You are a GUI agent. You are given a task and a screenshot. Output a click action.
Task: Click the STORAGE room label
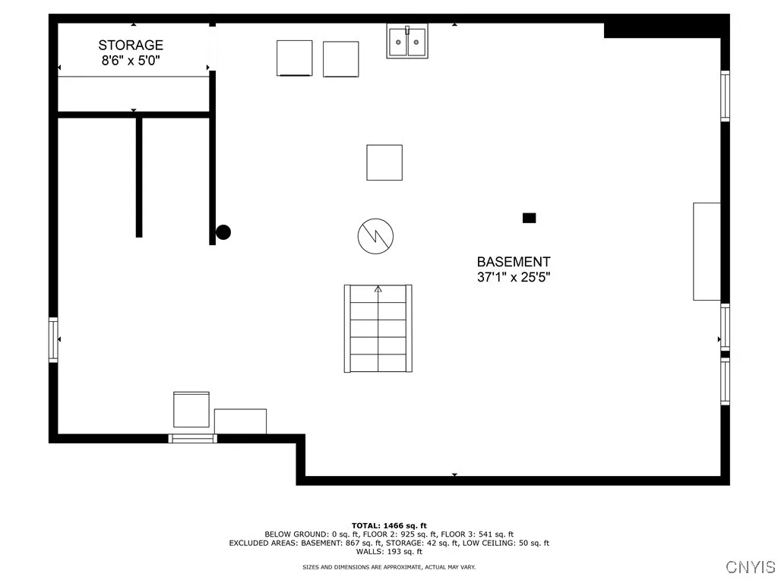tap(130, 46)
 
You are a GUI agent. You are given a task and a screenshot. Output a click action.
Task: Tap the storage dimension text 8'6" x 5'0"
tap(131, 61)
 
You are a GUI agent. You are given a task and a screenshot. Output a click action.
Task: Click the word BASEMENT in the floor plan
tap(514, 262)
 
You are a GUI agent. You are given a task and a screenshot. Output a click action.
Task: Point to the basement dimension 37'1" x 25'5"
tap(514, 277)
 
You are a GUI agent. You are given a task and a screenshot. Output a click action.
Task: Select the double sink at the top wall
tap(407, 42)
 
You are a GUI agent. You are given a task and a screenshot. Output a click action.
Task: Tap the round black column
tap(223, 232)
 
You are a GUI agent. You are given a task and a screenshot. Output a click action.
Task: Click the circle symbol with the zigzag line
tap(375, 237)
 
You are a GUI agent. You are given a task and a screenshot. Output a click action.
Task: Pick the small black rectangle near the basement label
tap(530, 218)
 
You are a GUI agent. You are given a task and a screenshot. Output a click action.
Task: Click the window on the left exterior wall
tap(53, 339)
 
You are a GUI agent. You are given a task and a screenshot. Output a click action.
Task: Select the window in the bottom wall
tap(192, 438)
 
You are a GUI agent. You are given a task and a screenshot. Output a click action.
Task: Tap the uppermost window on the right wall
tap(725, 96)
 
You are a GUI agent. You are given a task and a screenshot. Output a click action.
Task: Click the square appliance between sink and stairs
tap(384, 162)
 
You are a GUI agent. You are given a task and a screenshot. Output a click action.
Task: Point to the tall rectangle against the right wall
tap(707, 251)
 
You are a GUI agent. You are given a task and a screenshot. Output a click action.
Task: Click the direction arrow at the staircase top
tap(378, 289)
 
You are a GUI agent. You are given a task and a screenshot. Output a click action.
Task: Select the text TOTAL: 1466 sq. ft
tap(389, 525)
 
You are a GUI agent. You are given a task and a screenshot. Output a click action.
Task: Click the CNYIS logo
tap(751, 567)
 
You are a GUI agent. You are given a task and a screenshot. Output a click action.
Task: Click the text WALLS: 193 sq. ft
tap(389, 552)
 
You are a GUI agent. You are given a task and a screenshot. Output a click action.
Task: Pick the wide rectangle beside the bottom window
tap(240, 421)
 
